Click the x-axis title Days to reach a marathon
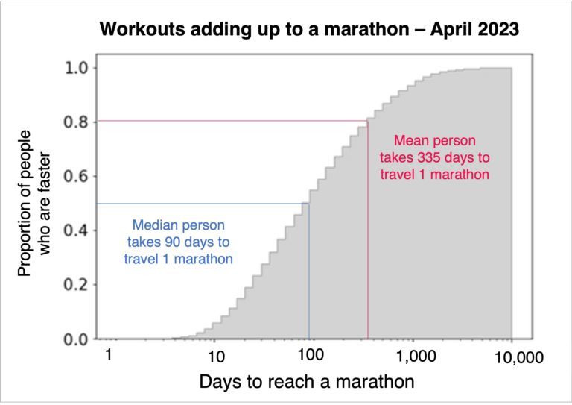pyautogui.click(x=306, y=383)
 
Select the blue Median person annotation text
pyautogui.click(x=178, y=242)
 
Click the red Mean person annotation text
pyautogui.click(x=434, y=157)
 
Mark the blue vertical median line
pyautogui.click(x=309, y=283)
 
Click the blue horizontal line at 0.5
pyautogui.click(x=201, y=204)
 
